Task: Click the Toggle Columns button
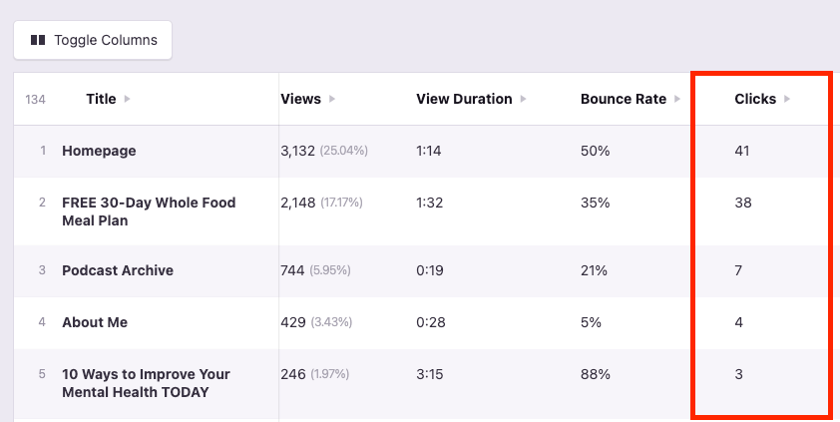click(93, 40)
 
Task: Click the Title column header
click(101, 99)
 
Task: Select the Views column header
click(301, 99)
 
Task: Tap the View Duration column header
click(464, 99)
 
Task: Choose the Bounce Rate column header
click(624, 99)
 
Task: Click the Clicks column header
click(755, 99)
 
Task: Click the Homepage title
click(99, 151)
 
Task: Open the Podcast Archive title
click(118, 270)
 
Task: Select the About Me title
click(95, 322)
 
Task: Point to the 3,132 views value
click(298, 151)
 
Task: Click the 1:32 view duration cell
click(430, 203)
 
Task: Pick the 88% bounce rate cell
click(595, 374)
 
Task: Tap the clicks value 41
click(741, 151)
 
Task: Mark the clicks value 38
click(742, 203)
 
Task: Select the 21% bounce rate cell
click(594, 270)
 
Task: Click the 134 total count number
click(35, 100)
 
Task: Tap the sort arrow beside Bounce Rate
click(677, 99)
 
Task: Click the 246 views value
click(293, 374)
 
